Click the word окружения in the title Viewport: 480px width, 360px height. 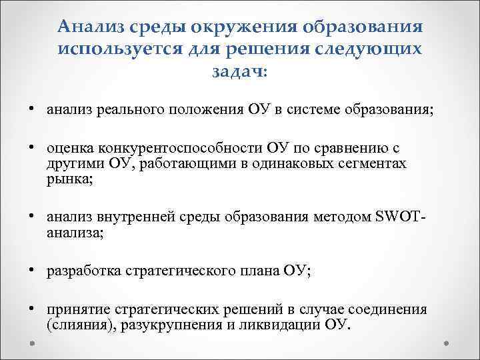pos(243,27)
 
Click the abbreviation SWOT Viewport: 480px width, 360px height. pos(396,217)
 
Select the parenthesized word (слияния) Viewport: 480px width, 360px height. pos(77,326)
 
